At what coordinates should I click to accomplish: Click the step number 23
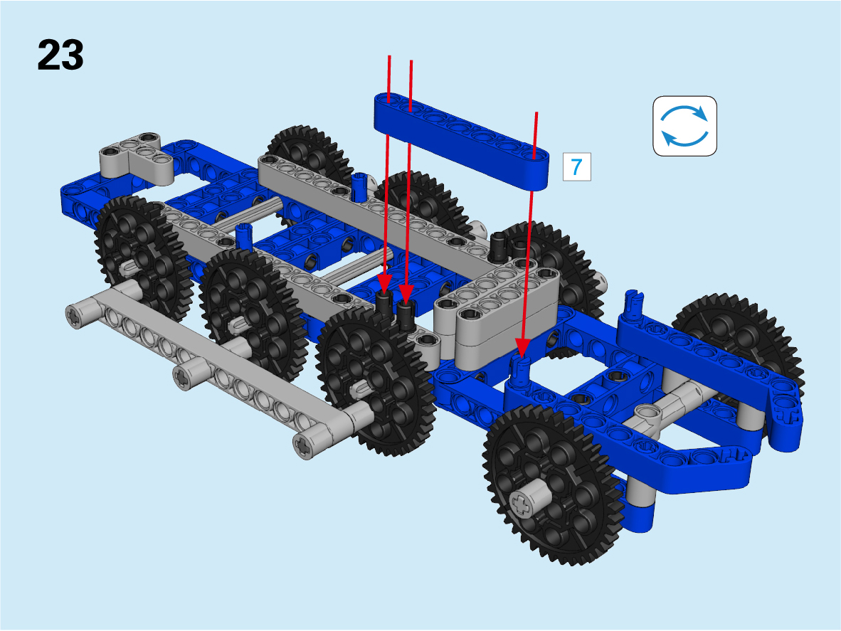click(x=60, y=55)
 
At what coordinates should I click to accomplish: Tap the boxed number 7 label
click(x=576, y=166)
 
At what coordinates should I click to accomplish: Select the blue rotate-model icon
click(x=685, y=126)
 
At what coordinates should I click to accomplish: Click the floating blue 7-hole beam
click(x=461, y=140)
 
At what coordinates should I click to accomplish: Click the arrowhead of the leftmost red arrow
click(x=384, y=282)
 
